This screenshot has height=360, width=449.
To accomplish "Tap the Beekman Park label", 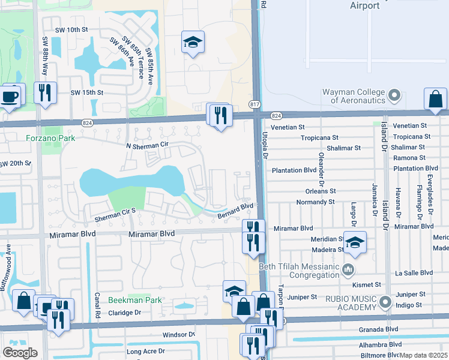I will (127, 300).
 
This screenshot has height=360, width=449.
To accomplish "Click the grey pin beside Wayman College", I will (394, 95).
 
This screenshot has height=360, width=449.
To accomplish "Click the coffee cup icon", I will (10, 96).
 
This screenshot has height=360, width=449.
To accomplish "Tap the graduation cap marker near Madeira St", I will (355, 242).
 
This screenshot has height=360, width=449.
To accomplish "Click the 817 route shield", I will (255, 104).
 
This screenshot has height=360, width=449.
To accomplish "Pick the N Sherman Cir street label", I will (143, 145).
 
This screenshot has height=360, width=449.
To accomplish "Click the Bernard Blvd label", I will (235, 210).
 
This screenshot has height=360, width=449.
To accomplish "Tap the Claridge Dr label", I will (124, 313).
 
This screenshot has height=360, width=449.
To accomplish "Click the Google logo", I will (20, 352).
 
